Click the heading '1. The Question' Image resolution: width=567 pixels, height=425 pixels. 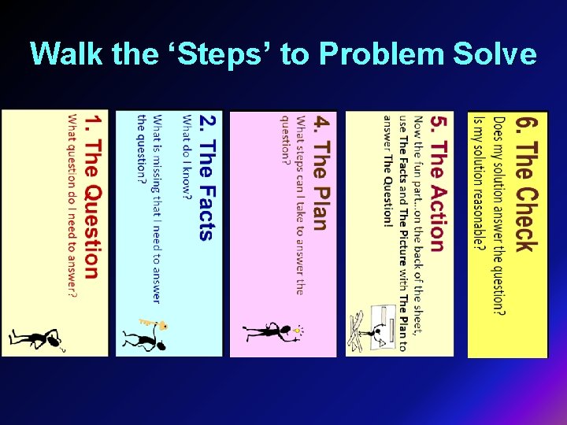[x=92, y=197]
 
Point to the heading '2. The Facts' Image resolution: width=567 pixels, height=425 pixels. [x=206, y=178]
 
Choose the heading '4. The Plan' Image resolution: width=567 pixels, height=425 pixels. [x=319, y=174]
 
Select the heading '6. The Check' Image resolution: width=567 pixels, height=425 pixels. [x=525, y=184]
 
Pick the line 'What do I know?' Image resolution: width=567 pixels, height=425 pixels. [x=187, y=157]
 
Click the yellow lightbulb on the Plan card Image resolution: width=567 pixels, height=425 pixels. [x=298, y=331]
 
